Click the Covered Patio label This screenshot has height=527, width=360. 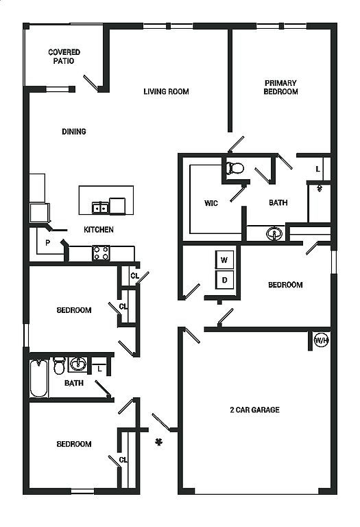pos(64,56)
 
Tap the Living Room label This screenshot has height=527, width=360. pos(166,91)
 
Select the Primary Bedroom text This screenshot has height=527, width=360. pos(280,87)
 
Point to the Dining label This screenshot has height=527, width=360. pos(74,132)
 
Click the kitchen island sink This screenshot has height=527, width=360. pos(100,208)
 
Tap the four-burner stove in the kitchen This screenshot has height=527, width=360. pos(101,253)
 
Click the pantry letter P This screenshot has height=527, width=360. pos(48,242)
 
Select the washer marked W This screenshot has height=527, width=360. pos(224,260)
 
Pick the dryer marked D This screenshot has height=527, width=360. pos(224,280)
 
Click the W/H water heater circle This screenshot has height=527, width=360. pos(321,340)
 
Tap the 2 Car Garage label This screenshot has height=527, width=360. pos(254,410)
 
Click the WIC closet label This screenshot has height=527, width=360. pos(211,203)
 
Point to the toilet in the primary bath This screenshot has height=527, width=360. pos(235,168)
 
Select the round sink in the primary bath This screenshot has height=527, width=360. pos(274,233)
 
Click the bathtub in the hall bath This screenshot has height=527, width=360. pos(38,379)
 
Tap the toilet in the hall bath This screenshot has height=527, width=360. pos(59,366)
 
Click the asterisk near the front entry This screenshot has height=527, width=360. pos(158,442)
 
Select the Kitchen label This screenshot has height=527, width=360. pos(98,230)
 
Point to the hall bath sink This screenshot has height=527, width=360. pos(78,364)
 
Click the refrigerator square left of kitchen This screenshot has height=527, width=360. pos(39,213)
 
